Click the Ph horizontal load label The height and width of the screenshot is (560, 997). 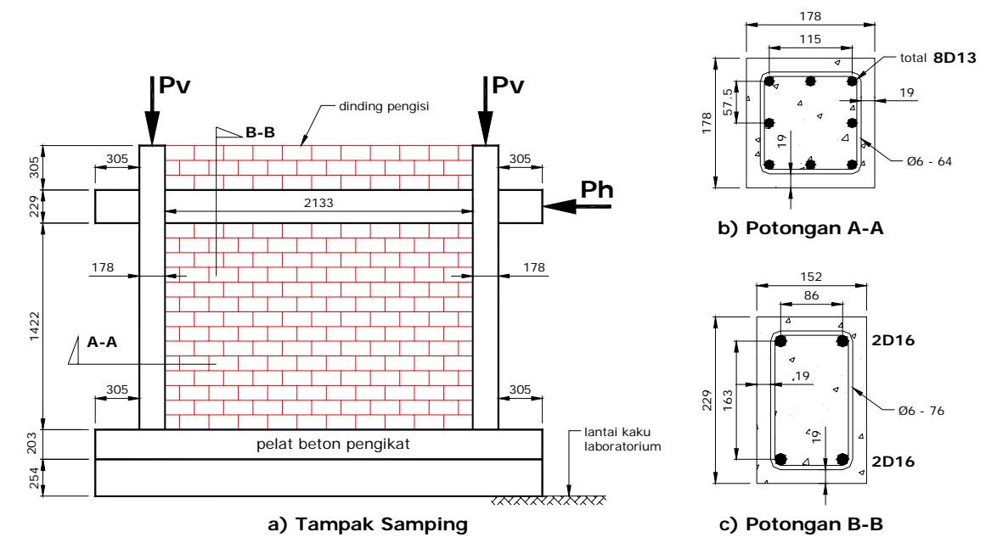coord(596,190)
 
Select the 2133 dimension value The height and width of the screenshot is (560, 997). coord(318,203)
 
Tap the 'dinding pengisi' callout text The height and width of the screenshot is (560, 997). coord(383,107)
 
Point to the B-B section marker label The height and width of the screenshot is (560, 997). coord(261,133)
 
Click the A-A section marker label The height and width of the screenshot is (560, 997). coord(102,342)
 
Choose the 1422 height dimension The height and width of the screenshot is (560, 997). coord(34,326)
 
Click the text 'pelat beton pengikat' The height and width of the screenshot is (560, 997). coord(333,445)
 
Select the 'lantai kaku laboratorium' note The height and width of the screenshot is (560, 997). coord(622,440)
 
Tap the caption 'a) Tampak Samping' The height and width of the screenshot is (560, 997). coord(368,524)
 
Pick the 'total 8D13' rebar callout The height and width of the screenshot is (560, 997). coord(938,58)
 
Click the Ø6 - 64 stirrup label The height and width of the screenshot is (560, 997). coord(930,161)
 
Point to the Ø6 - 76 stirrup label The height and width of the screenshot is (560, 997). coord(921,411)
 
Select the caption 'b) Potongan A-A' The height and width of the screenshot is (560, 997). coord(801,228)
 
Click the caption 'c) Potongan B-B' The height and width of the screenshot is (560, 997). coord(801,524)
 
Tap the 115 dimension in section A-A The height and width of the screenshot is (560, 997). coord(810,39)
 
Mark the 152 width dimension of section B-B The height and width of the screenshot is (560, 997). coord(811,277)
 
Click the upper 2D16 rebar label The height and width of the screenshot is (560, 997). coord(893,341)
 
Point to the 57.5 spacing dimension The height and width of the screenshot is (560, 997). coord(728,102)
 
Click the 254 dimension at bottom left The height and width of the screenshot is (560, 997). coord(34,478)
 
